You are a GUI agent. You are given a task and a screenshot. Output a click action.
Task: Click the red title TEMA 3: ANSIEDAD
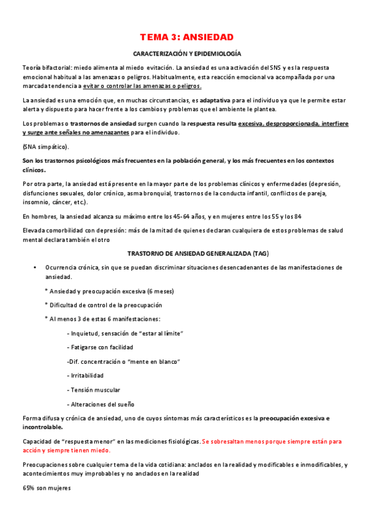coord(187,37)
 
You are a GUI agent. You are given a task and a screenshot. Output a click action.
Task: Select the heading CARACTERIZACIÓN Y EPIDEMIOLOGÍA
coord(187,54)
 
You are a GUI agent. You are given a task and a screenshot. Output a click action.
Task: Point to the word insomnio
coord(34,202)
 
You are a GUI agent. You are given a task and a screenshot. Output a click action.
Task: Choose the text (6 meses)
coord(158,291)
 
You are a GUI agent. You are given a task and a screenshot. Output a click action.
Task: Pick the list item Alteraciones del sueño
coord(100,404)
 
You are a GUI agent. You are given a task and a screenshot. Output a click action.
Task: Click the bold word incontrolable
coord(42,427)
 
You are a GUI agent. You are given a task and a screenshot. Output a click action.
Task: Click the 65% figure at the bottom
coord(29,488)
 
